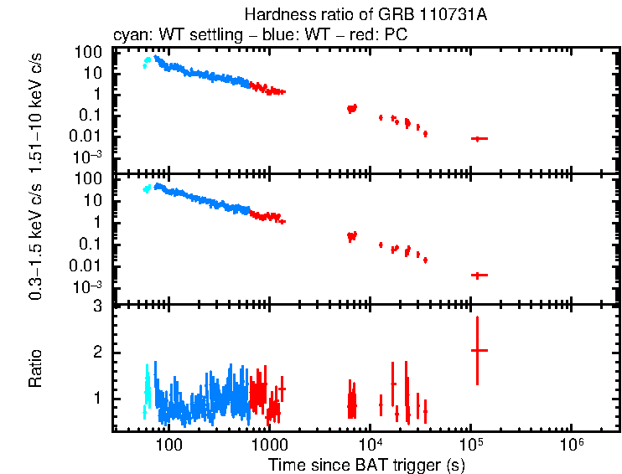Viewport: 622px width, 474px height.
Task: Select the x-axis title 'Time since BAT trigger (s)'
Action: coord(367,464)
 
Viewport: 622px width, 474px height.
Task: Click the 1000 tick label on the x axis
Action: coord(269,443)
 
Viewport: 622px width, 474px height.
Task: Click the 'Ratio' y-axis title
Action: coord(36,368)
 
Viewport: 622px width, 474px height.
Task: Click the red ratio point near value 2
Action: coord(477,350)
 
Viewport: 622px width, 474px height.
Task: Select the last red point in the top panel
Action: coord(478,138)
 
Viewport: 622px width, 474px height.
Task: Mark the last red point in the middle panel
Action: coord(478,275)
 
